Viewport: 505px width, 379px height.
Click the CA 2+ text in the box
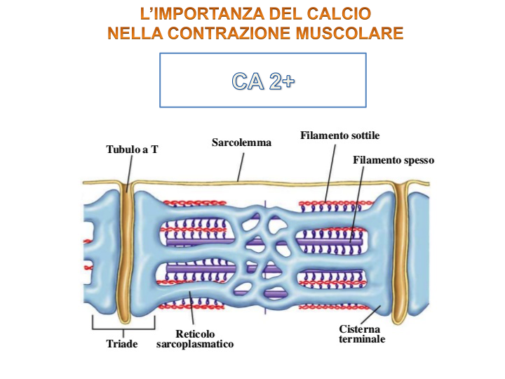263,81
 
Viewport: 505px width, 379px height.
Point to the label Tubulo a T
132,149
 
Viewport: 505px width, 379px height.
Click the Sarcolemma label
241,142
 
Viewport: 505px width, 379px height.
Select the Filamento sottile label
340,135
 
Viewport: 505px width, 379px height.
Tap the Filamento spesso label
393,160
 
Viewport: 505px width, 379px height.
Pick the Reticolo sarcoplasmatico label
195,339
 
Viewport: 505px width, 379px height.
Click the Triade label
122,344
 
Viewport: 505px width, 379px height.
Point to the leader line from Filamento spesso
357,204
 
